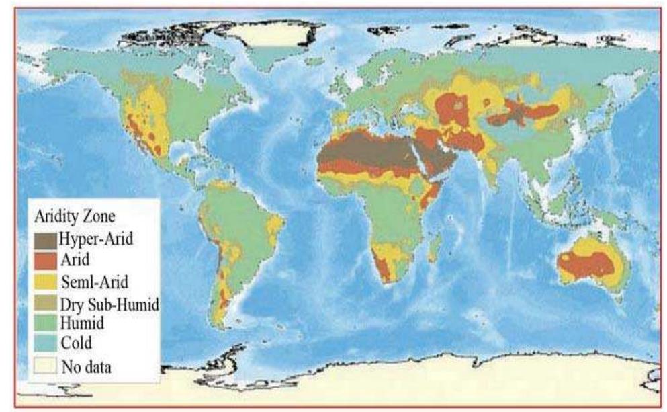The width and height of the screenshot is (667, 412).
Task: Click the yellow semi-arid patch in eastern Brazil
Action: click(275, 224)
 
